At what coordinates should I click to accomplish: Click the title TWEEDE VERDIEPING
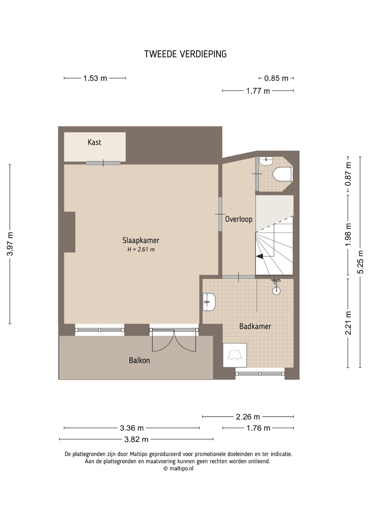[x=185, y=54]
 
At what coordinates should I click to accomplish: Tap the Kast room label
[x=94, y=142]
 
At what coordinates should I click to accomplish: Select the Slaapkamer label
[x=141, y=240]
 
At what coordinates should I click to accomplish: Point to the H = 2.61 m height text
[x=141, y=250]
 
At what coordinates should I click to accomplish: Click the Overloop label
[x=238, y=219]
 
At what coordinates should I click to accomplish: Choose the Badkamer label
[x=255, y=326]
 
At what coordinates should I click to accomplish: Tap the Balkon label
[x=139, y=360]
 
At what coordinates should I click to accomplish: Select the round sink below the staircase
[x=276, y=290]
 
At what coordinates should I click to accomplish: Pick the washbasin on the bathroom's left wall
[x=209, y=302]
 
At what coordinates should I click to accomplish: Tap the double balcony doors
[x=174, y=341]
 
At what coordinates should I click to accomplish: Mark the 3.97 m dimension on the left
[x=10, y=244]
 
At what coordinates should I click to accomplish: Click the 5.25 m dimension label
[x=360, y=262]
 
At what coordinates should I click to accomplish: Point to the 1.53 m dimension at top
[x=95, y=78]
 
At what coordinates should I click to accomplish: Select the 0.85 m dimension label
[x=276, y=78]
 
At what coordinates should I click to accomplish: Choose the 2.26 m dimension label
[x=248, y=417]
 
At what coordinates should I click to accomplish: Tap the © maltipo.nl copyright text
[x=178, y=469]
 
